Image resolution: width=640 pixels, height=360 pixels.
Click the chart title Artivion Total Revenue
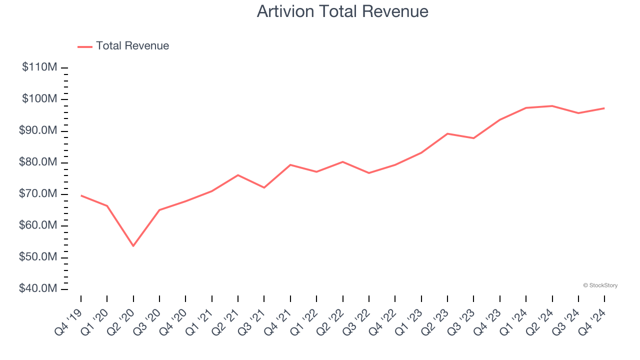click(x=342, y=11)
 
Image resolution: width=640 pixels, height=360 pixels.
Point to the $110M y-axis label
click(x=39, y=67)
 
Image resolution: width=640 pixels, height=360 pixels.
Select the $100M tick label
click(x=39, y=99)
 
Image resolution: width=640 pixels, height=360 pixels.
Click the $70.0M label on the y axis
click(x=37, y=194)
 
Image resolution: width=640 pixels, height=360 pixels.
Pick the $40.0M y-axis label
click(x=37, y=289)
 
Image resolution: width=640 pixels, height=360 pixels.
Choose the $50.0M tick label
click(x=37, y=257)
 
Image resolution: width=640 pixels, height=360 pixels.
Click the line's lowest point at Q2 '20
click(x=133, y=246)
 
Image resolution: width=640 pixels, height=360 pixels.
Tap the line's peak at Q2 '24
click(x=552, y=106)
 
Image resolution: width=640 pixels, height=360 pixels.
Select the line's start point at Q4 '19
click(x=81, y=195)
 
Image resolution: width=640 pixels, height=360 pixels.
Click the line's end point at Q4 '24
click(x=604, y=108)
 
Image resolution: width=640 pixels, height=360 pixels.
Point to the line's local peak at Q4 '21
click(x=290, y=164)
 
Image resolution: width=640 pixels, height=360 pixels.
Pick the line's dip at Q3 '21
click(x=264, y=187)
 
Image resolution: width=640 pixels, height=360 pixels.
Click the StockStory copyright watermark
click(x=600, y=285)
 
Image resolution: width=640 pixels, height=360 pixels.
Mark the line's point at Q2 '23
click(x=447, y=133)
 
